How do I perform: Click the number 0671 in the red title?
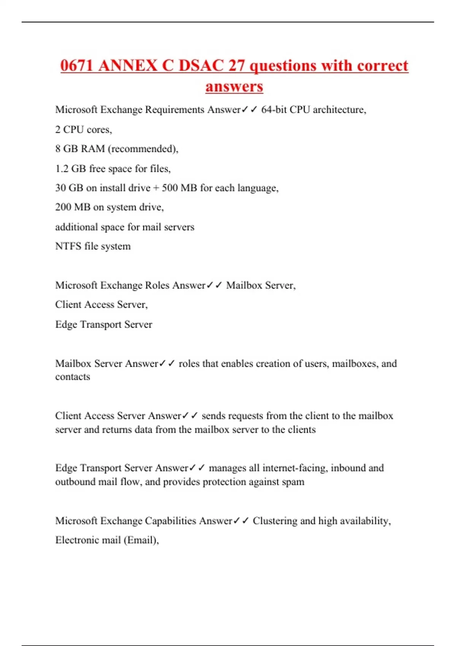pyautogui.click(x=77, y=66)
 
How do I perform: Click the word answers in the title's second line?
pyautogui.click(x=234, y=87)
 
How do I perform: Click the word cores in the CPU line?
pyautogui.click(x=99, y=130)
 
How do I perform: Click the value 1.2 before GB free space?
pyautogui.click(x=62, y=168)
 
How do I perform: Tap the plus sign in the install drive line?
pyautogui.click(x=156, y=188)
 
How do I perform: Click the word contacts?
pyautogui.click(x=73, y=377)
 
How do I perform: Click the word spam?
pyautogui.click(x=293, y=482)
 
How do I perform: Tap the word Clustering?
pyautogui.click(x=275, y=521)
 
